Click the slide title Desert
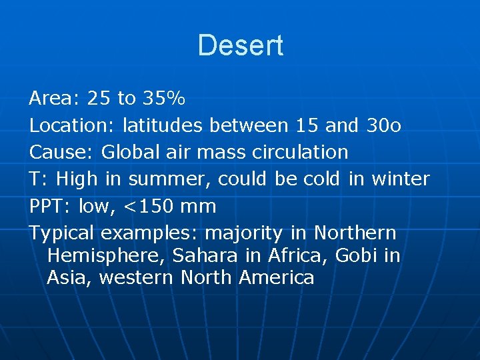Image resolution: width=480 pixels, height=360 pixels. [x=240, y=45]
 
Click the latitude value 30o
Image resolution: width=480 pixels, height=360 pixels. [x=384, y=125]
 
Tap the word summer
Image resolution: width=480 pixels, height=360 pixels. [x=169, y=179]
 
